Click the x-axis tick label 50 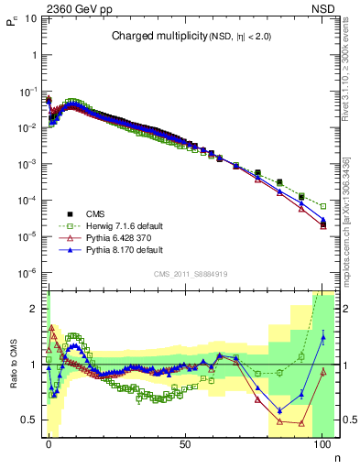[x=185, y=444]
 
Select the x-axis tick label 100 [x=322, y=444]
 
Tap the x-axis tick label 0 [x=49, y=444]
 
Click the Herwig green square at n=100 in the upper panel [x=322, y=206]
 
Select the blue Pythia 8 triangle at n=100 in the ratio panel [x=322, y=337]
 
